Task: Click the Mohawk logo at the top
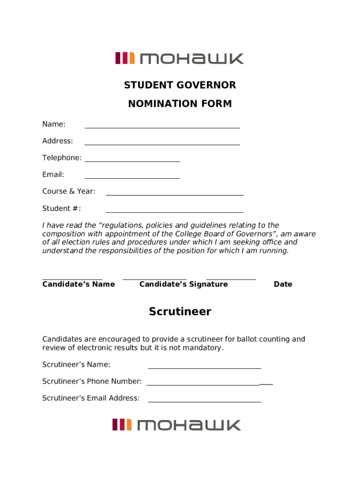click(x=180, y=58)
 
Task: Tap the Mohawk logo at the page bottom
click(x=177, y=425)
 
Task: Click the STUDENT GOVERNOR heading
click(x=180, y=85)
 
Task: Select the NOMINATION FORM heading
click(x=180, y=104)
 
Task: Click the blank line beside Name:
click(x=162, y=127)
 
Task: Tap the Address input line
click(x=162, y=144)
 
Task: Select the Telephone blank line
click(x=132, y=161)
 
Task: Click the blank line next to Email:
click(x=132, y=178)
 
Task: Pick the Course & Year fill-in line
click(x=174, y=195)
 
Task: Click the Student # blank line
click(x=174, y=211)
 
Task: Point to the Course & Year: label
click(x=69, y=191)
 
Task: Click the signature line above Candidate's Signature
click(x=154, y=279)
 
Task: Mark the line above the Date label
click(x=231, y=279)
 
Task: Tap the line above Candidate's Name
click(x=72, y=279)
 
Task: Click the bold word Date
click(x=283, y=284)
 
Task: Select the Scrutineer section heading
click(x=180, y=312)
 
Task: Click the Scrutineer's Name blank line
click(x=204, y=368)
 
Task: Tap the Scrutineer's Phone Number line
click(x=209, y=385)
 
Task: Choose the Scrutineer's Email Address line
click(x=204, y=401)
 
